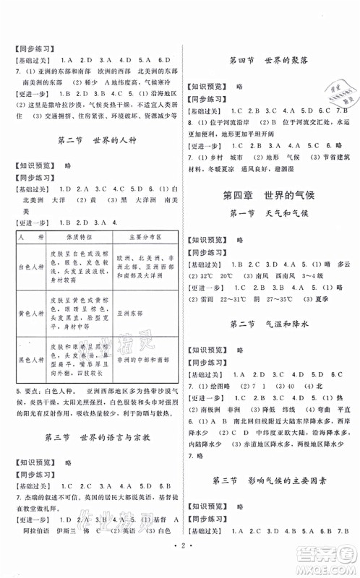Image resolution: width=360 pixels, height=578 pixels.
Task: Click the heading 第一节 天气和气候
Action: tap(270, 214)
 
